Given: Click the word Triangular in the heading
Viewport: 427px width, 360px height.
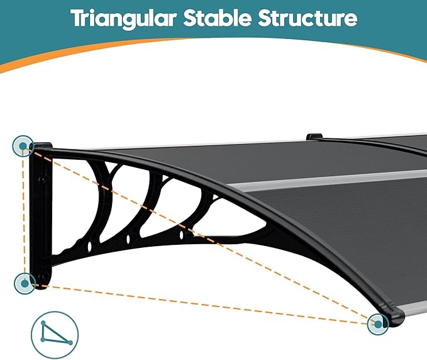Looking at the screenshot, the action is pyautogui.click(x=123, y=18).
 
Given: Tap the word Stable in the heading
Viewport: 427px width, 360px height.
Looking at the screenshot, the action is pyautogui.click(x=217, y=18).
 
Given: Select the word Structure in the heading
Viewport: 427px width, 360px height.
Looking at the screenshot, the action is pyautogui.click(x=308, y=18).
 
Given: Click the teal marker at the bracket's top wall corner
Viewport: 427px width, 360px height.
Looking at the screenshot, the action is pyautogui.click(x=23, y=146).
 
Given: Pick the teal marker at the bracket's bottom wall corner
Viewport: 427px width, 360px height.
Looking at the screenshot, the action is pyautogui.click(x=25, y=283).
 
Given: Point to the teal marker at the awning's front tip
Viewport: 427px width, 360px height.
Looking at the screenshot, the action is pyautogui.click(x=378, y=324).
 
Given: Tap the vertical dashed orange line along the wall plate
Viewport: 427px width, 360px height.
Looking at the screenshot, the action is pyautogui.click(x=24, y=215).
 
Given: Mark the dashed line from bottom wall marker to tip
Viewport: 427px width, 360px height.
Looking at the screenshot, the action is pyautogui.click(x=201, y=303).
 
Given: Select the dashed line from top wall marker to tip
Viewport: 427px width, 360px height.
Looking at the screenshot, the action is pyautogui.click(x=201, y=234).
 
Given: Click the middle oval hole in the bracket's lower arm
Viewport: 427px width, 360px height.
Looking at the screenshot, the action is pyautogui.click(x=128, y=240).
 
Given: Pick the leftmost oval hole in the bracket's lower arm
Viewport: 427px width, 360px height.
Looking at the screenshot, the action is pyautogui.click(x=89, y=246).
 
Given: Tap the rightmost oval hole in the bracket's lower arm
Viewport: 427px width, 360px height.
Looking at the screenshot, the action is pyautogui.click(x=181, y=235).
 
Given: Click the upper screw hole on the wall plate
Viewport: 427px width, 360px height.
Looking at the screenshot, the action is pyautogui.click(x=43, y=180).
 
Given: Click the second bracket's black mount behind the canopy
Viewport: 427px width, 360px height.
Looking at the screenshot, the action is pyautogui.click(x=314, y=137).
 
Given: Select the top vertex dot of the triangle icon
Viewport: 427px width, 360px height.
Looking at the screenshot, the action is pyautogui.click(x=43, y=323).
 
